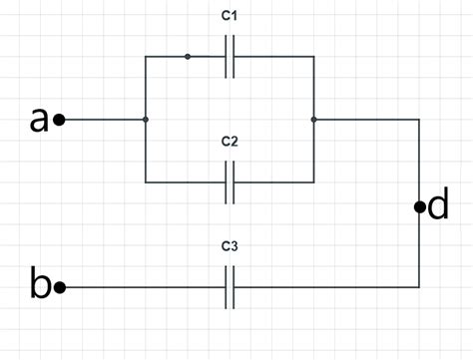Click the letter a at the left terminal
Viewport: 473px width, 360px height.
39,120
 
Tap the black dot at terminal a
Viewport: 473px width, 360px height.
60,120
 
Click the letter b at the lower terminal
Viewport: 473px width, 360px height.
40,286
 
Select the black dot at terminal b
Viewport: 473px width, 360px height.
60,287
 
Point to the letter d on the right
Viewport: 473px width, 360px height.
438,206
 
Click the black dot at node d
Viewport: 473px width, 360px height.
419,207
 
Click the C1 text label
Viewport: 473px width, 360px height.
230,19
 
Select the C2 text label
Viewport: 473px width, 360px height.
230,141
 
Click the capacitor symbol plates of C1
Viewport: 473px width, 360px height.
230,57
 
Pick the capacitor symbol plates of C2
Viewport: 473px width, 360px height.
230,182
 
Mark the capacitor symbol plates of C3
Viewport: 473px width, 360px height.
230,287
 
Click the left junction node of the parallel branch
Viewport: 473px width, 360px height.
146,120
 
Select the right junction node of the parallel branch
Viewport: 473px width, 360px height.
314,120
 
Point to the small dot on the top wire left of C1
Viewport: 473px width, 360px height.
188,57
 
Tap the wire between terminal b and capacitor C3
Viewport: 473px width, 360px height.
140,287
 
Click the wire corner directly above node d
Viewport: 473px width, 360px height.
419,120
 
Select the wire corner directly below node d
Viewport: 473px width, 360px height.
419,287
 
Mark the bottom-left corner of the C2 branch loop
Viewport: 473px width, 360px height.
146,182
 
